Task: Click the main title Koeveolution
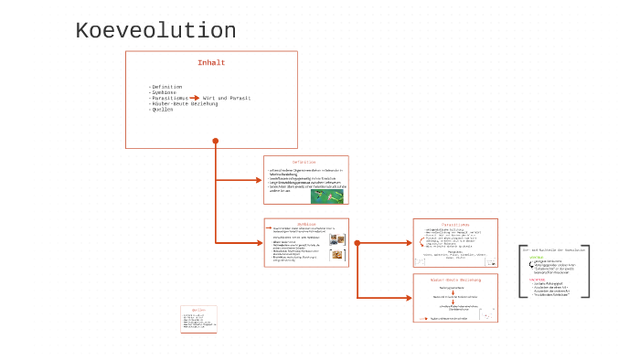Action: pyautogui.click(x=155, y=32)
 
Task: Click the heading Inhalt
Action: pyautogui.click(x=211, y=63)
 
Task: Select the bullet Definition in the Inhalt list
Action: pyautogui.click(x=166, y=87)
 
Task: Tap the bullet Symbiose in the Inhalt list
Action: pyautogui.click(x=165, y=92)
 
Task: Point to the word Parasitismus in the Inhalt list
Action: pyautogui.click(x=169, y=98)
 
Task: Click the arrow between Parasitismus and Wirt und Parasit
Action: pyautogui.click(x=195, y=98)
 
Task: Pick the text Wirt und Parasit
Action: pyautogui.click(x=227, y=98)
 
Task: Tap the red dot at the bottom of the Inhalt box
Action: pyautogui.click(x=216, y=141)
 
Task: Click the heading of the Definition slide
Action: pyautogui.click(x=304, y=162)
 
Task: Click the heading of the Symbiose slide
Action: pyautogui.click(x=305, y=223)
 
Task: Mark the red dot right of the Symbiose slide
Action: pyautogui.click(x=357, y=243)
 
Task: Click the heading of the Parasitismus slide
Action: pyautogui.click(x=455, y=224)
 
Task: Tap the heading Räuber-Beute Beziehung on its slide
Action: pyautogui.click(x=455, y=280)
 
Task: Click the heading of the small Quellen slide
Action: pyautogui.click(x=198, y=310)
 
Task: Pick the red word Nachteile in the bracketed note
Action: pyautogui.click(x=537, y=279)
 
